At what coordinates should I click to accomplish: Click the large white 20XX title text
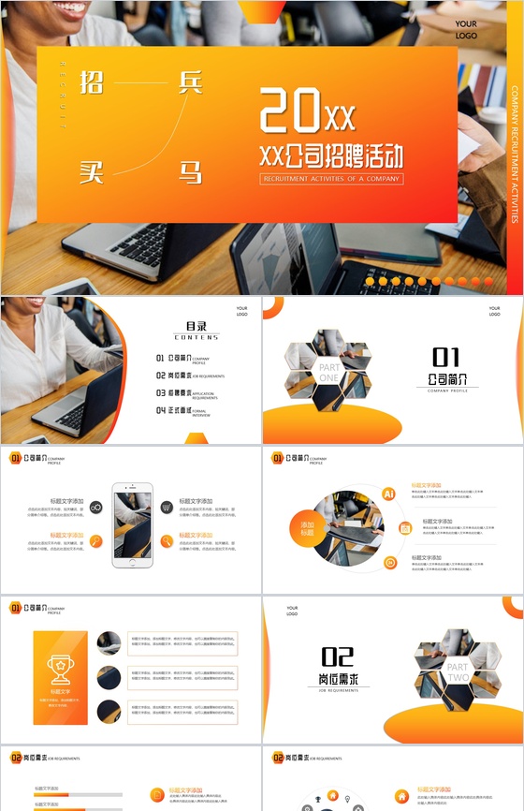tap(308, 111)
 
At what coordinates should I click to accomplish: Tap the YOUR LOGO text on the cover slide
tap(466, 30)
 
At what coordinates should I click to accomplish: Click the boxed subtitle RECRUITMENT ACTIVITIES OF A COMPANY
tap(332, 178)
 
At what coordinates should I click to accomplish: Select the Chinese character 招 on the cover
tap(92, 83)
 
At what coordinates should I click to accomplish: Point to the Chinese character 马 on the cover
tap(190, 170)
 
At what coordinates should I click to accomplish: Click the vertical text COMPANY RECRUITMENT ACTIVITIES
tap(515, 155)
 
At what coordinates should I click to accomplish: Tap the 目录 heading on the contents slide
tap(196, 326)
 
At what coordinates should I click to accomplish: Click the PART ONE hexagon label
tap(329, 374)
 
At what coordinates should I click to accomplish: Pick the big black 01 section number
tap(445, 357)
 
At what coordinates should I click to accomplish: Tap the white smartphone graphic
tap(132, 524)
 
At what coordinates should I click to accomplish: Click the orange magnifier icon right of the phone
tap(167, 540)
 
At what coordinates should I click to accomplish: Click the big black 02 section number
tap(337, 656)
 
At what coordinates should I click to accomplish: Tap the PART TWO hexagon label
tap(458, 671)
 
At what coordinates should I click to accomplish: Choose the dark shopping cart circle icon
tap(166, 507)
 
